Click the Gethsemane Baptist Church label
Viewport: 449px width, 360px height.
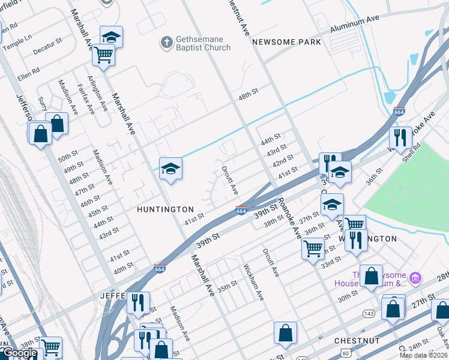202,43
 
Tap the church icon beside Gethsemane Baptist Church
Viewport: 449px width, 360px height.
166,42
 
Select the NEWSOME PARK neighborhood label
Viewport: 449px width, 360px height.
286,42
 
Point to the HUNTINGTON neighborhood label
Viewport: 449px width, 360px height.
165,209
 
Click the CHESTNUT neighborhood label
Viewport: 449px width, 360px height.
357,340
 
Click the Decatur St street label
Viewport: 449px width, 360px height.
48,47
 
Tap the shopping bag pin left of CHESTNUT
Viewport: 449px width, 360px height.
285,333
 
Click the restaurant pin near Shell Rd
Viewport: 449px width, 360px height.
400,138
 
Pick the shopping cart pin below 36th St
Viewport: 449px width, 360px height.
313,247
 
